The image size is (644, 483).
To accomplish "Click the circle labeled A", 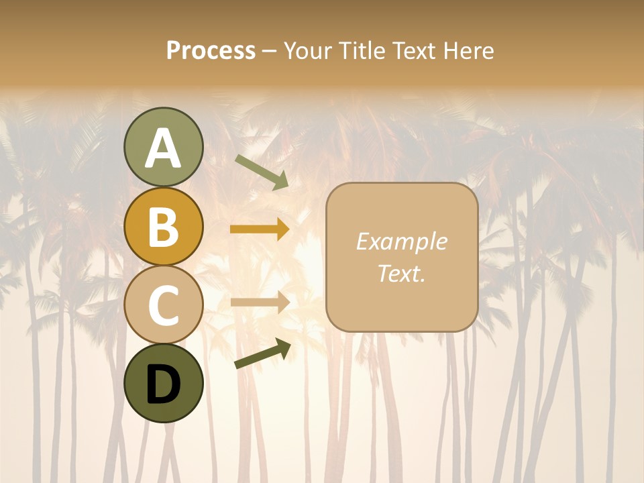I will tap(163, 148).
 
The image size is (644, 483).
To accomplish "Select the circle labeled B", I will tap(163, 227).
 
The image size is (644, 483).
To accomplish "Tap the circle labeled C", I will tap(163, 305).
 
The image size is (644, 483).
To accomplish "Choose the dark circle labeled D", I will tap(163, 383).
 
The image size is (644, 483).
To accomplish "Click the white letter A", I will tap(163, 148).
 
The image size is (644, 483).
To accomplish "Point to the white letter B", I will tap(163, 227).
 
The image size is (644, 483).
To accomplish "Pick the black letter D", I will tap(163, 384).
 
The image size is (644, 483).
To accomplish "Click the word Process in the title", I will tap(211, 50).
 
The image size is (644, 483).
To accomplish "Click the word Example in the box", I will tap(401, 241).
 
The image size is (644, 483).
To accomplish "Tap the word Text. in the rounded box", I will tap(401, 273).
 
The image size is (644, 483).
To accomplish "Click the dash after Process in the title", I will tap(269, 52).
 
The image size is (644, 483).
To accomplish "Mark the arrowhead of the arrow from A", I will tap(281, 181).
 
